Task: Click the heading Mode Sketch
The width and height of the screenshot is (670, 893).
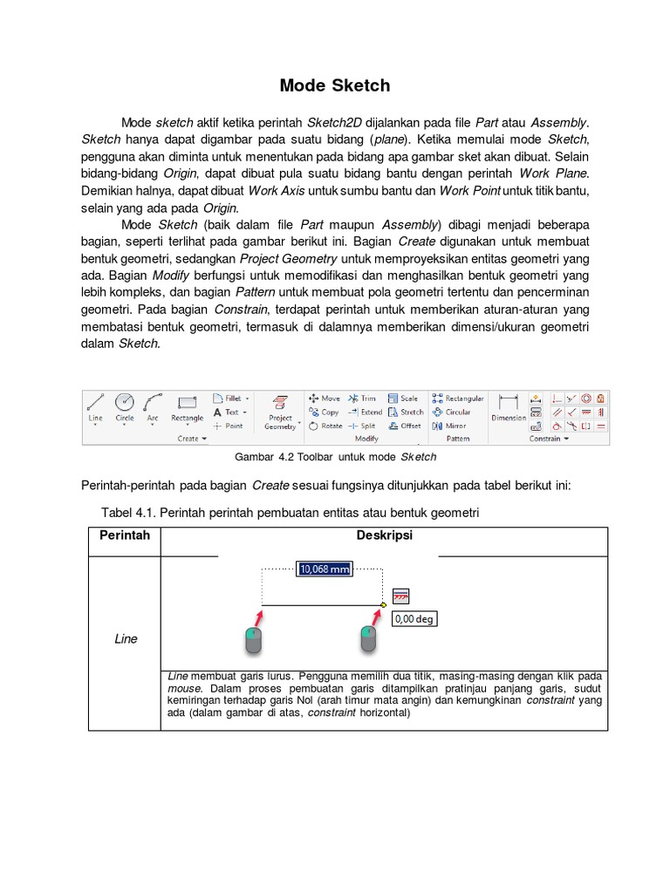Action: click(335, 85)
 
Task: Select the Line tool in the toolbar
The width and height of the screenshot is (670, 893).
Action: click(96, 406)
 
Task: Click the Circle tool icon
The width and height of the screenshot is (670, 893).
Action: click(125, 406)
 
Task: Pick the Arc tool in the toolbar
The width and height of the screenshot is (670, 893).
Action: click(153, 406)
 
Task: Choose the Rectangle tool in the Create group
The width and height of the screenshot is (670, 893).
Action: click(187, 407)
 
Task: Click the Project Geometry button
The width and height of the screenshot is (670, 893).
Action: click(281, 411)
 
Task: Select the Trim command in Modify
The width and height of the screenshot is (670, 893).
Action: click(362, 398)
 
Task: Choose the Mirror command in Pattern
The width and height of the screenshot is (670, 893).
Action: click(450, 426)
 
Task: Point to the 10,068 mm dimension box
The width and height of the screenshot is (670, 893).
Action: click(325, 569)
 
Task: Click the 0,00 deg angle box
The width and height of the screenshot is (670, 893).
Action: click(414, 619)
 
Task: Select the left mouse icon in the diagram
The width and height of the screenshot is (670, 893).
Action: click(253, 640)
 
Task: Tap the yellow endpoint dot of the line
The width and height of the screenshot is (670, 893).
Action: click(384, 604)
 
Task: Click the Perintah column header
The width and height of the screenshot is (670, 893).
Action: click(124, 535)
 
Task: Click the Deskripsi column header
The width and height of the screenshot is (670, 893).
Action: click(384, 535)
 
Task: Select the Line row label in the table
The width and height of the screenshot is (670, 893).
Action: click(126, 638)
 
